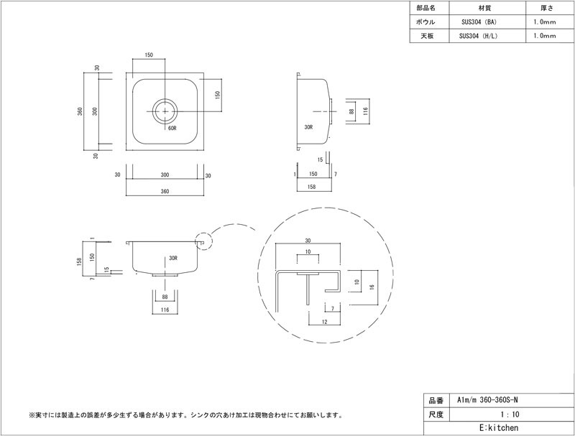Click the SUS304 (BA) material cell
479,22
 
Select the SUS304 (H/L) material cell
479,36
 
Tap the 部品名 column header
425,8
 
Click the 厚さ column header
546,8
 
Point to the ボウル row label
425,22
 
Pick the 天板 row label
427,36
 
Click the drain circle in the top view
165,111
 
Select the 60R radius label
172,129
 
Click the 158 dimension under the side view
311,187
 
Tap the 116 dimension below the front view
165,310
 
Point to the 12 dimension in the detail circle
325,322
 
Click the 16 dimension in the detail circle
372,287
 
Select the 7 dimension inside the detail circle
333,309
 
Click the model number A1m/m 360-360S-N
487,401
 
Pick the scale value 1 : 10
510,414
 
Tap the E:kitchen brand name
499,428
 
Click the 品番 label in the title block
436,401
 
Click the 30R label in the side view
309,128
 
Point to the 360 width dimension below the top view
165,192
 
